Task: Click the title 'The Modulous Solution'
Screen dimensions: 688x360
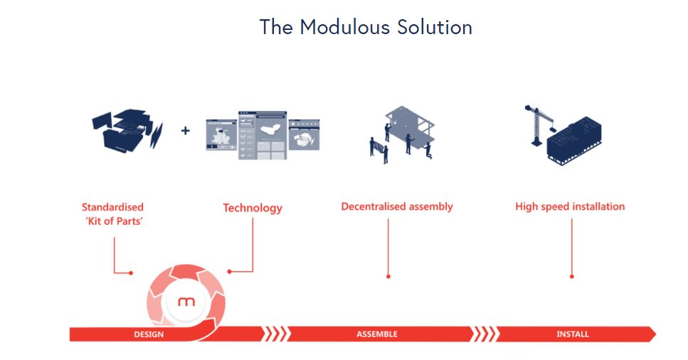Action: click(x=366, y=27)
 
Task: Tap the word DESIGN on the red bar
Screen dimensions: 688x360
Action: click(x=149, y=334)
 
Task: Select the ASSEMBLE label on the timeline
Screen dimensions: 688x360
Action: click(x=377, y=334)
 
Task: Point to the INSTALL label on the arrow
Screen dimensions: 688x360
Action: click(x=573, y=334)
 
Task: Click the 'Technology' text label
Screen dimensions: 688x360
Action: click(x=253, y=208)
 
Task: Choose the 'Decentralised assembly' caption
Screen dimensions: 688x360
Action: click(x=397, y=206)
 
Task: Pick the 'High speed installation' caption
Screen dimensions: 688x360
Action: click(x=570, y=206)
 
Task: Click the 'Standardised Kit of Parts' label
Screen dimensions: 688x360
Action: click(x=112, y=214)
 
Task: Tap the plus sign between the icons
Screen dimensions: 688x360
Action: click(x=185, y=130)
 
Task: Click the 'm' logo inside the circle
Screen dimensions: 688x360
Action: click(x=186, y=302)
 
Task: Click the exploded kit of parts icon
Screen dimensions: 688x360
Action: click(x=127, y=130)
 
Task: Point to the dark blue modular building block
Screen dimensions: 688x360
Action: click(x=574, y=140)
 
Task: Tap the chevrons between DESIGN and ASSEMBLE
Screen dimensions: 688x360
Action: click(x=277, y=334)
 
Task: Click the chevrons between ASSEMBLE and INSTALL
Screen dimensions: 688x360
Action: click(x=485, y=334)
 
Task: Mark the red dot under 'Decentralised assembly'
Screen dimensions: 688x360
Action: click(x=388, y=277)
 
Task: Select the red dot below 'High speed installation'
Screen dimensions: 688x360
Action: click(x=572, y=277)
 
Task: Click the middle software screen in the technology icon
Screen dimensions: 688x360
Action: click(x=263, y=135)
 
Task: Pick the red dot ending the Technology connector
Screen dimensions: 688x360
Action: click(x=229, y=272)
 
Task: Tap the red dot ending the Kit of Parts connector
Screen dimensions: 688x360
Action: click(x=131, y=273)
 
